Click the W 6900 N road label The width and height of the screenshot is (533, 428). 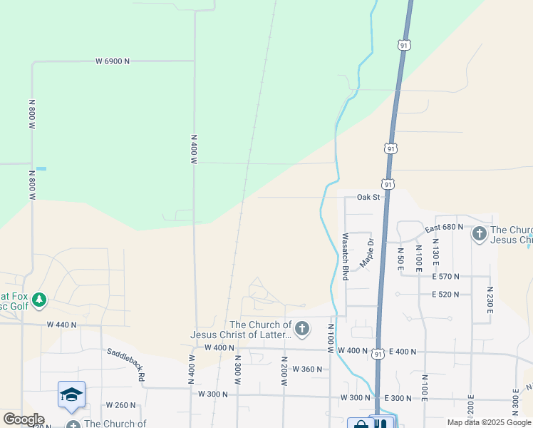click(113, 61)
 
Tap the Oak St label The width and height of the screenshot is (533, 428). click(368, 197)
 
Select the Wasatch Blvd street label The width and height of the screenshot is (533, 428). click(345, 255)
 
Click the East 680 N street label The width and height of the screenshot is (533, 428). click(444, 228)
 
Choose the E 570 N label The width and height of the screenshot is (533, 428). click(445, 276)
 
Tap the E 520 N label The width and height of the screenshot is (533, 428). click(445, 294)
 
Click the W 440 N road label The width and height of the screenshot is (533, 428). click(61, 324)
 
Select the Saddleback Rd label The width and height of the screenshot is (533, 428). click(126, 364)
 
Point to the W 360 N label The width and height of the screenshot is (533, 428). click(308, 369)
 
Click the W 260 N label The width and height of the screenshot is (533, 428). click(120, 404)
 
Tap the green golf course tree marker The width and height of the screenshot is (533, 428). click(39, 300)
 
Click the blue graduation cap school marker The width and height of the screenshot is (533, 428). click(71, 394)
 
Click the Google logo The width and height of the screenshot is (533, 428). click(24, 419)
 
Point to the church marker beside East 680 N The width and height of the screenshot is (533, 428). click(480, 233)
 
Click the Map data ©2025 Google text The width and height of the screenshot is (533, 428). click(489, 422)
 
